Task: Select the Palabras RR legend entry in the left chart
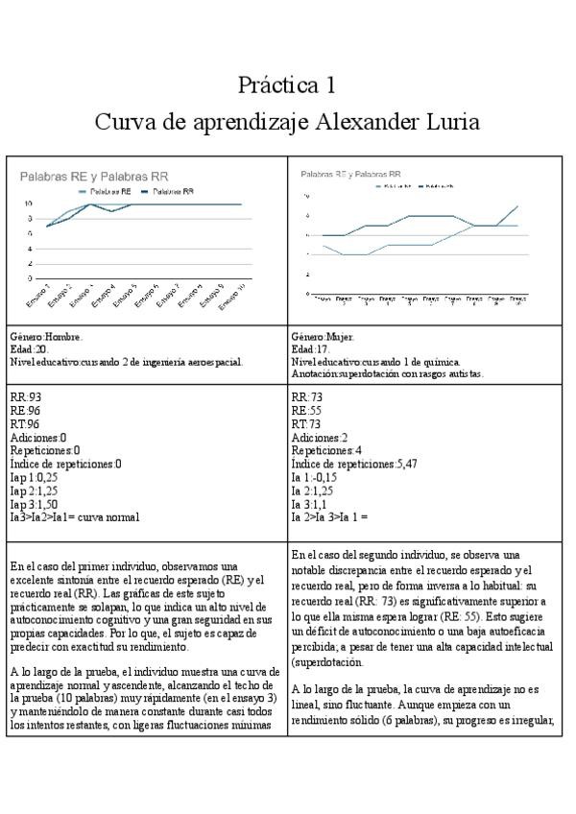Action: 174,192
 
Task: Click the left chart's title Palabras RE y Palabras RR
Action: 95,177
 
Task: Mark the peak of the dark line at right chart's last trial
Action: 518,205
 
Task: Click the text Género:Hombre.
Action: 46,338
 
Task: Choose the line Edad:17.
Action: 309,350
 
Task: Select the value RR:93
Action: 25,395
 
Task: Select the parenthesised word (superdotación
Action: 328,661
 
